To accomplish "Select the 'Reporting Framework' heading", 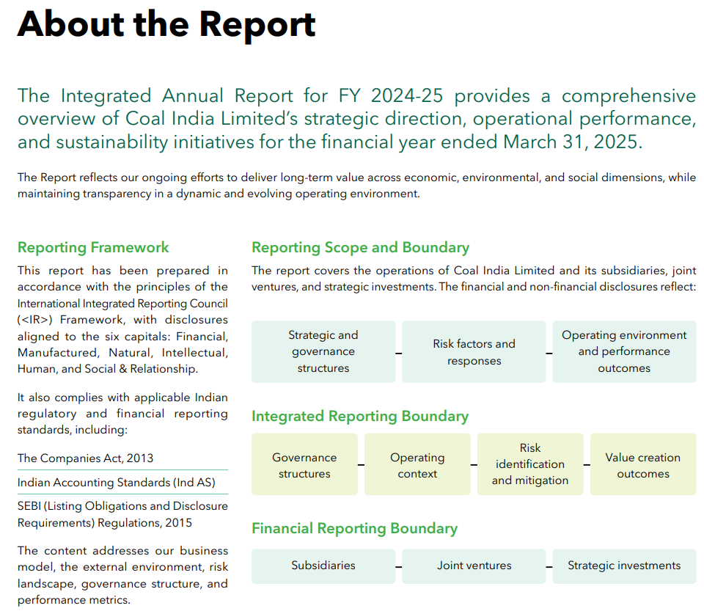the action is click(93, 247).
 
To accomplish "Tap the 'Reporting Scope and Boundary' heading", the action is click(360, 247).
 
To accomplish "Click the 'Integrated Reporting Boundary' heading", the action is click(359, 416).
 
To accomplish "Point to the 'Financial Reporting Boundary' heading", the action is click(354, 528).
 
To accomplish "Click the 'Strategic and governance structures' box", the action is click(323, 351).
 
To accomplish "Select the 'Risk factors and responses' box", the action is click(474, 351).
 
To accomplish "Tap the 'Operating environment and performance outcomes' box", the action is click(624, 351).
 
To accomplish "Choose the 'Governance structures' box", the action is click(304, 464).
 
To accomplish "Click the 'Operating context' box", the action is click(417, 464).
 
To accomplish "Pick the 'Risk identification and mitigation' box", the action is click(530, 464).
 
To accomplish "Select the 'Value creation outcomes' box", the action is click(643, 464).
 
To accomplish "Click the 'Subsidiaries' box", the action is click(323, 566).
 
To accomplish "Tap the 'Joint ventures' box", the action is click(474, 566).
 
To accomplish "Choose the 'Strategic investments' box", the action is click(624, 566).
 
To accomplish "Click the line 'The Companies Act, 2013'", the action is click(85, 458).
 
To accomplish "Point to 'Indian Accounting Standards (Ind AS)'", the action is click(117, 483).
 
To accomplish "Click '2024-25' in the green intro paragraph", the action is click(407, 95).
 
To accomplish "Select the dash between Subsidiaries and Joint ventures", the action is click(399, 567).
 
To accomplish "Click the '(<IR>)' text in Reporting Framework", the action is click(35, 320).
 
